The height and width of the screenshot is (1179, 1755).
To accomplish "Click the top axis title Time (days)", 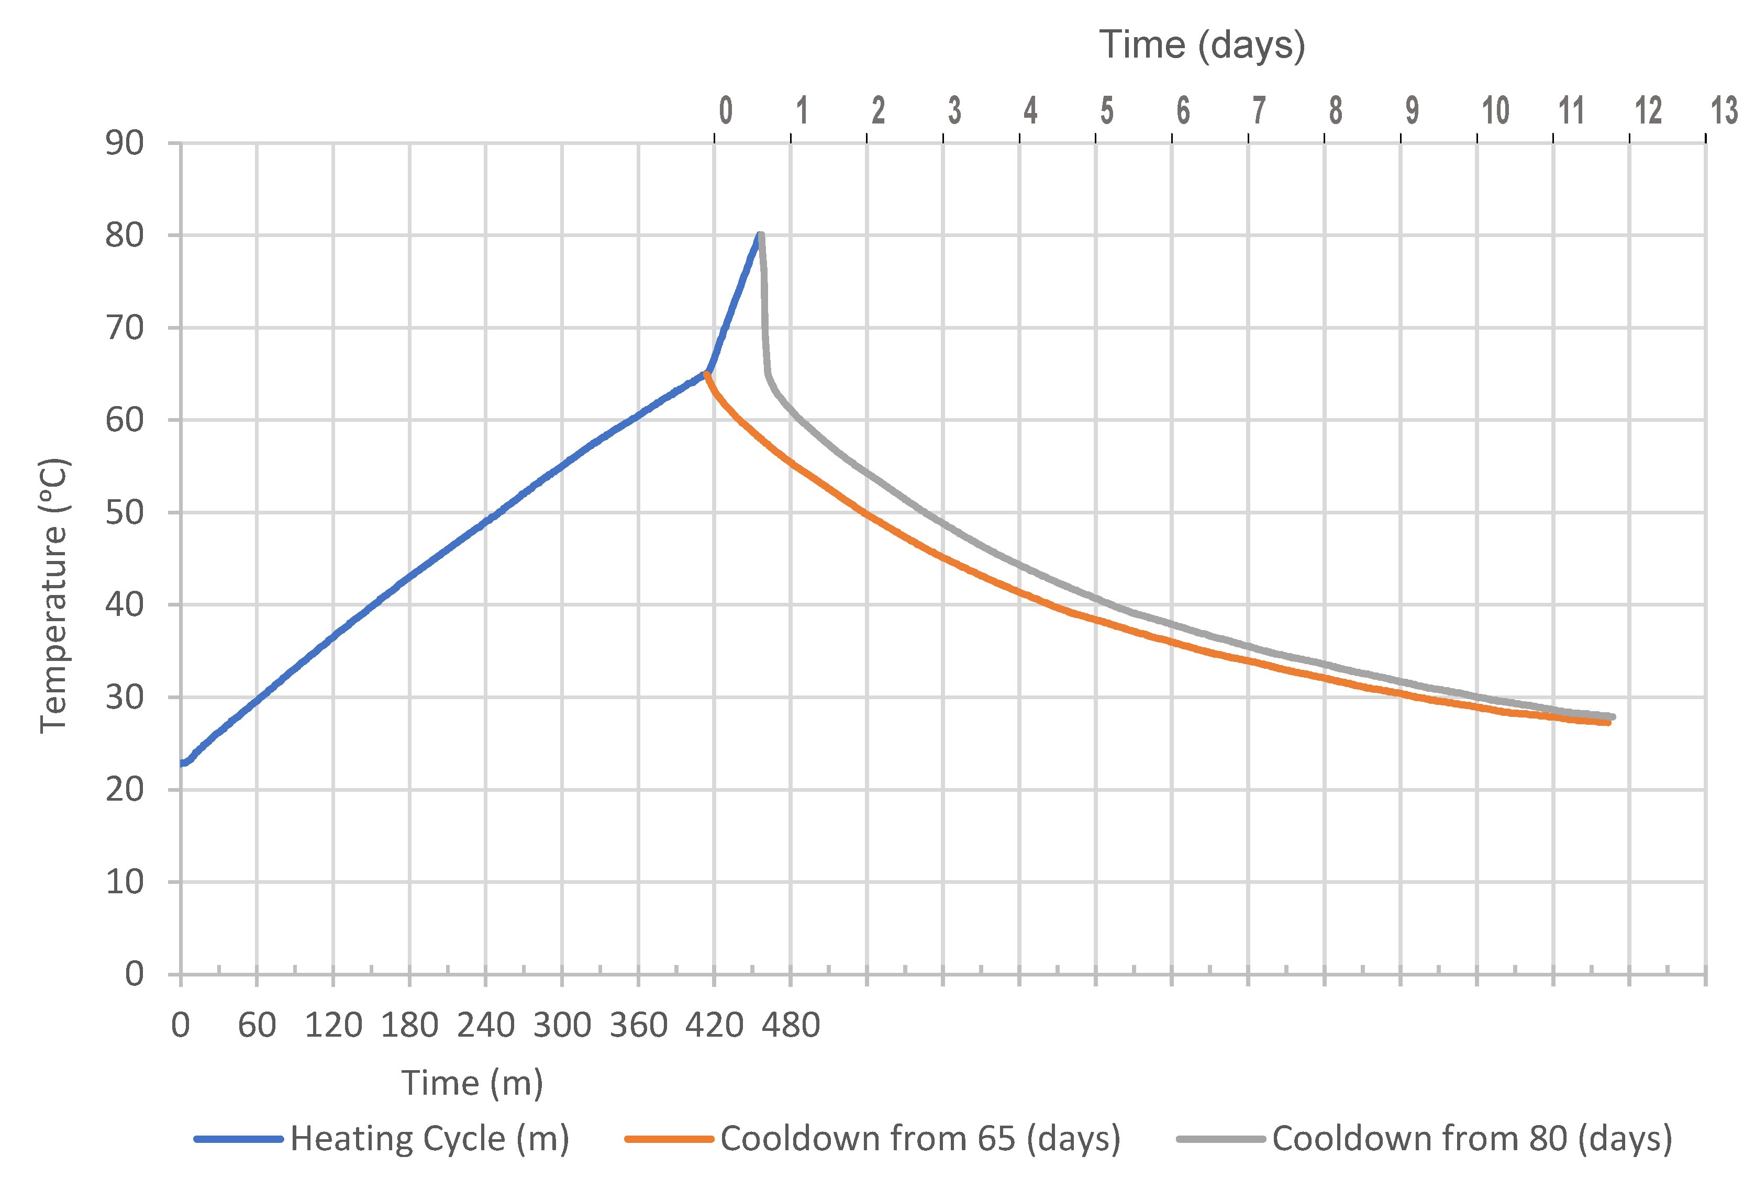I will point(1202,45).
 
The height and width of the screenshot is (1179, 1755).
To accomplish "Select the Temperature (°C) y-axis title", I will point(54,596).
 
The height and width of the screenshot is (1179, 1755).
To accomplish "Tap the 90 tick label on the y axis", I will point(124,143).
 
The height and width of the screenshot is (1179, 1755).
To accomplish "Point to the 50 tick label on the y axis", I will point(124,513).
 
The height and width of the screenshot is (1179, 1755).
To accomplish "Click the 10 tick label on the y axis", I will point(124,882).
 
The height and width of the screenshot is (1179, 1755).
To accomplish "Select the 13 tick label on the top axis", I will point(1724,111).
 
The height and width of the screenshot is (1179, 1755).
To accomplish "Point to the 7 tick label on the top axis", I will point(1259,111).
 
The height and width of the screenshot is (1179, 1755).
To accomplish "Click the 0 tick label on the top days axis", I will point(725,111).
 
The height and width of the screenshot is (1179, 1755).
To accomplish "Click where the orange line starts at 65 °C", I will point(706,375).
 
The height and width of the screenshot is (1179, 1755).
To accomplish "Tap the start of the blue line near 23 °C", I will point(183,763).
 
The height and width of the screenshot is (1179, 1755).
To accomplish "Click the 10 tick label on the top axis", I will point(1495,111).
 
